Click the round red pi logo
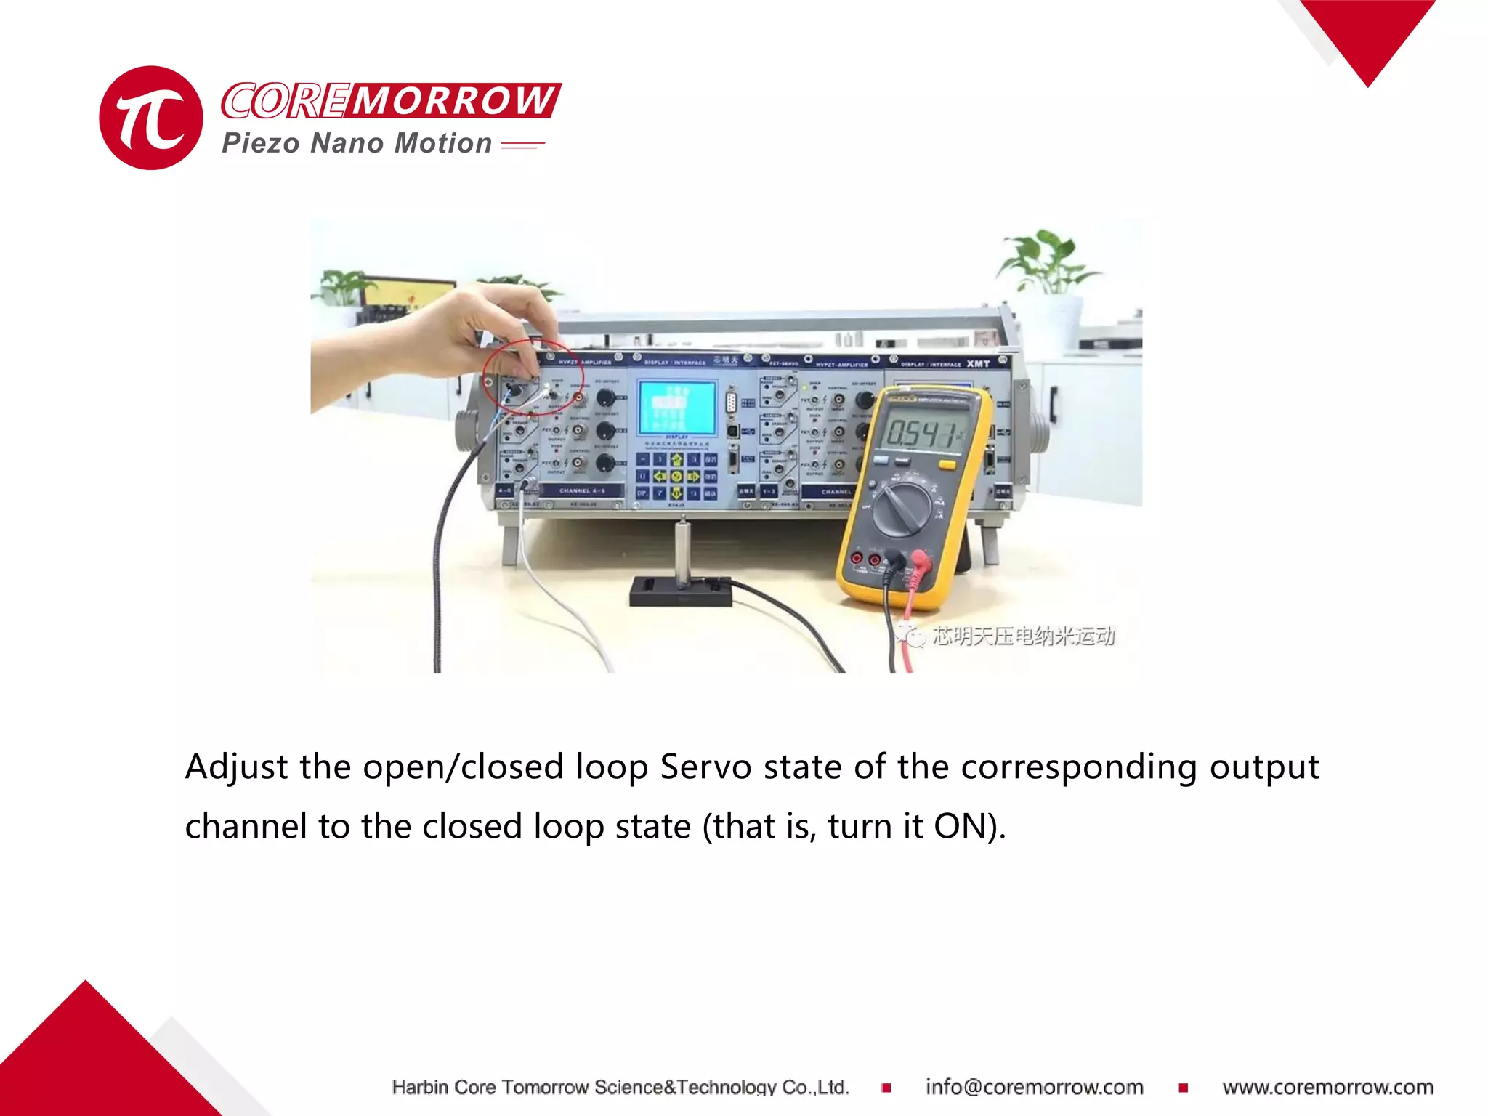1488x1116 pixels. [151, 118]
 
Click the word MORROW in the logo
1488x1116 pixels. [454, 100]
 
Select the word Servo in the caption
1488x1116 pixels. [705, 767]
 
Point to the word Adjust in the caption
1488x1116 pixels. [236, 767]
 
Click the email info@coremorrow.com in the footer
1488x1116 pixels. [1034, 1087]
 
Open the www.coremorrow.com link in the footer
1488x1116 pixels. [1327, 1087]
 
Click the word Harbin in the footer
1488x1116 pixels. [419, 1087]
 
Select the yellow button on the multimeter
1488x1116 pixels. [947, 465]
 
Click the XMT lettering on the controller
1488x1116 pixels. [978, 363]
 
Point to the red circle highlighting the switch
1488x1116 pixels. [532, 376]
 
